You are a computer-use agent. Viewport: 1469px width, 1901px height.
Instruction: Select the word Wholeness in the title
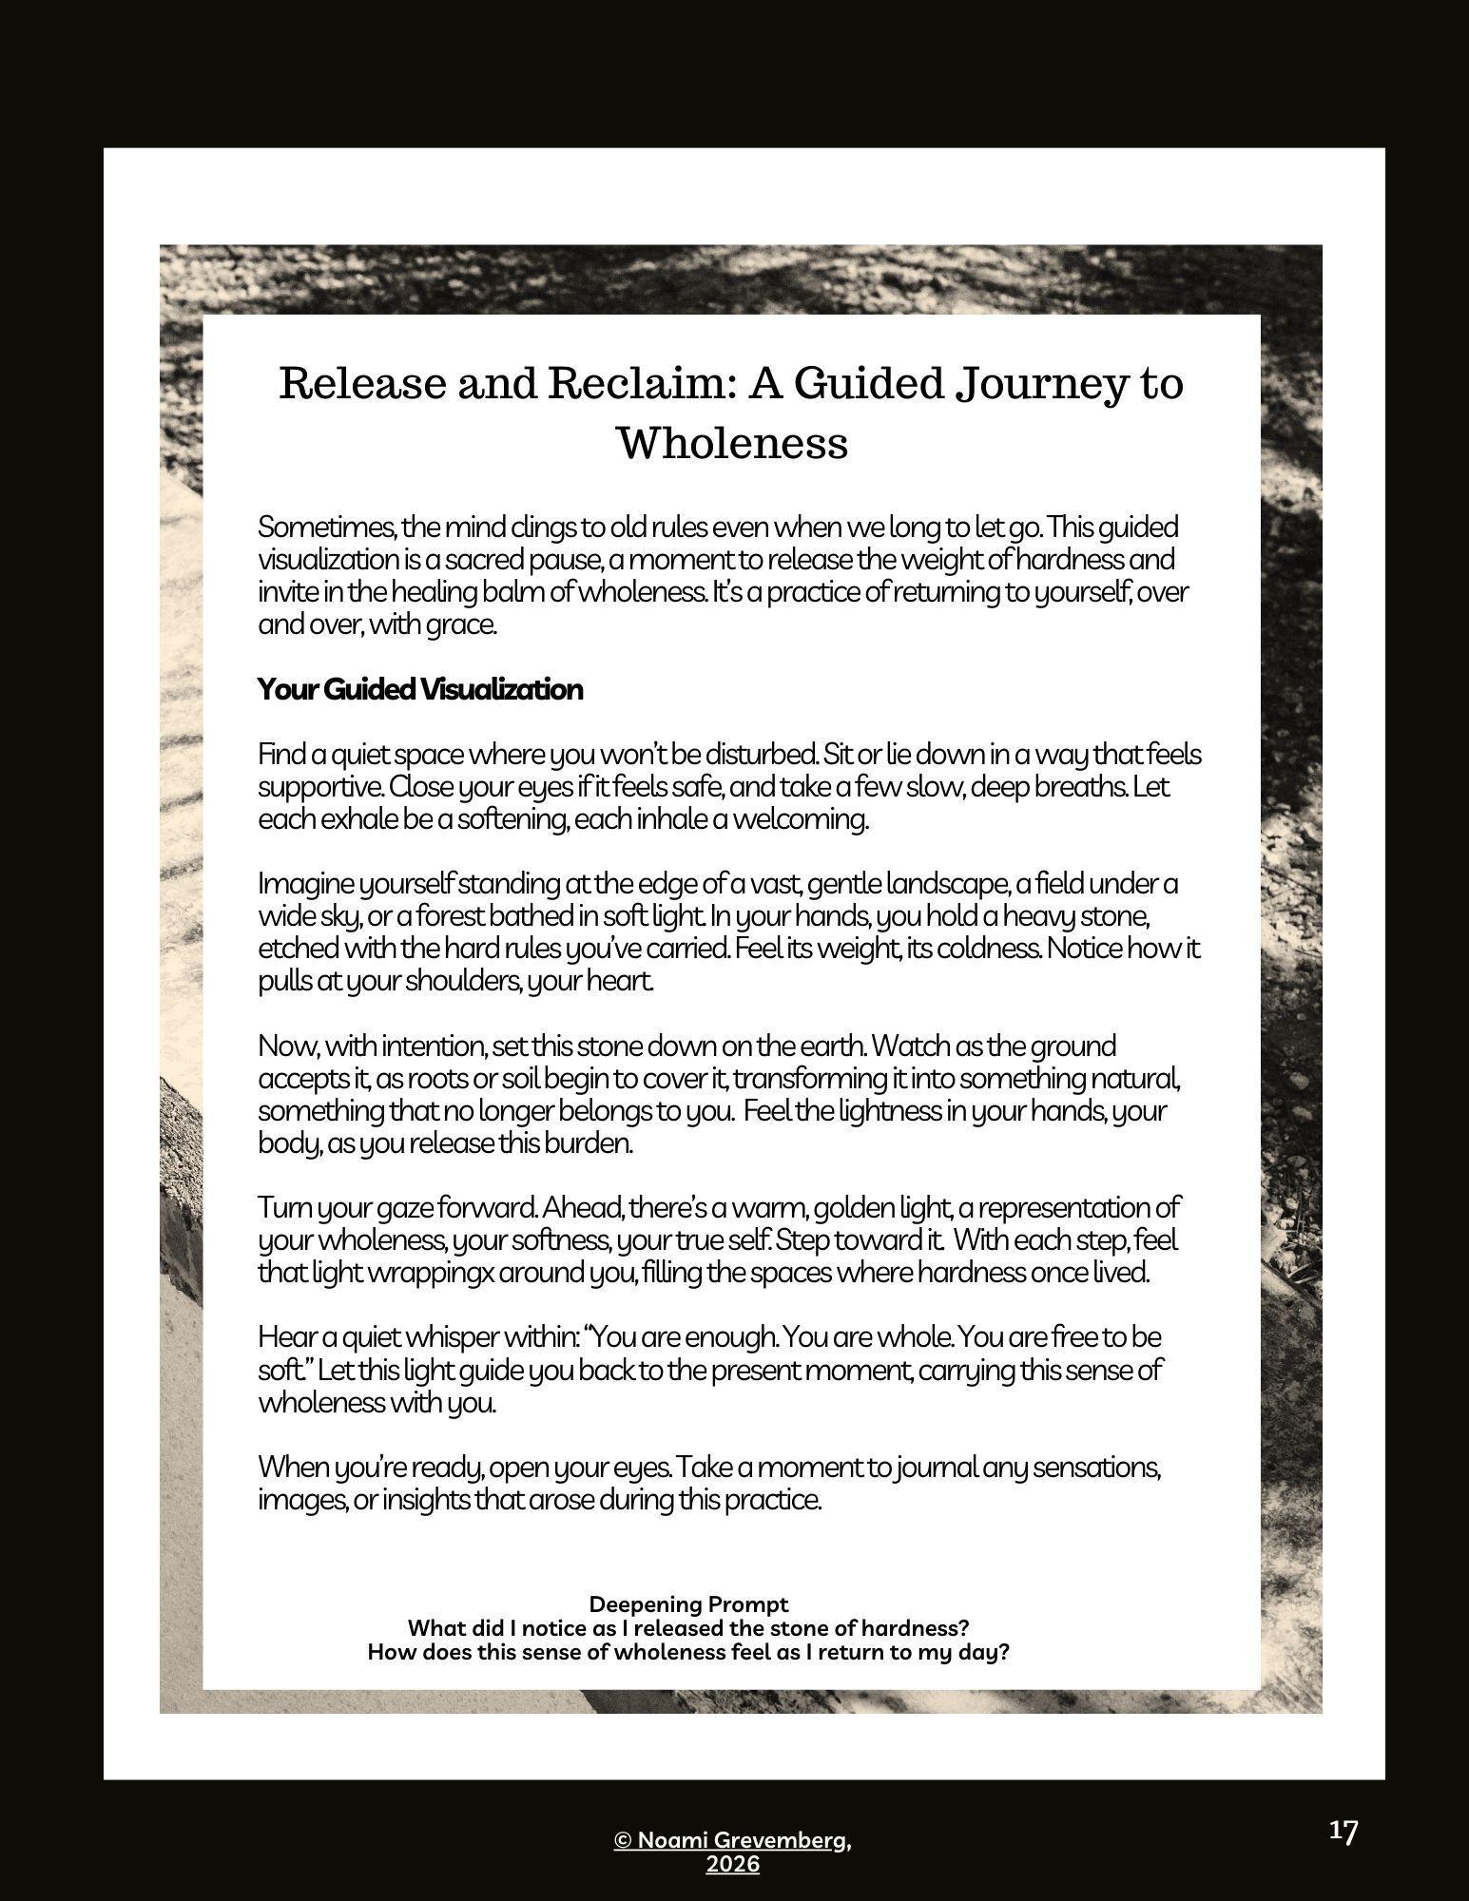732,443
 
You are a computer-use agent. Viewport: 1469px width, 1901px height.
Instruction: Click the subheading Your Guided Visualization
419,689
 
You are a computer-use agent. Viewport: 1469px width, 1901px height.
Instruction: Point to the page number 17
1343,1832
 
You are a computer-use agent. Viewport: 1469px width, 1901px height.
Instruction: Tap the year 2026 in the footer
732,1865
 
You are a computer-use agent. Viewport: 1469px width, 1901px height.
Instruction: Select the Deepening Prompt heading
688,1605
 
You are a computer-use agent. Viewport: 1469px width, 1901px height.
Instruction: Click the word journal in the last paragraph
924,1468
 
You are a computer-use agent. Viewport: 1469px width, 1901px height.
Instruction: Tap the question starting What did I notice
687,1629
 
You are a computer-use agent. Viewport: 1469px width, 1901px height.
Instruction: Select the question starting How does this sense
687,1653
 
